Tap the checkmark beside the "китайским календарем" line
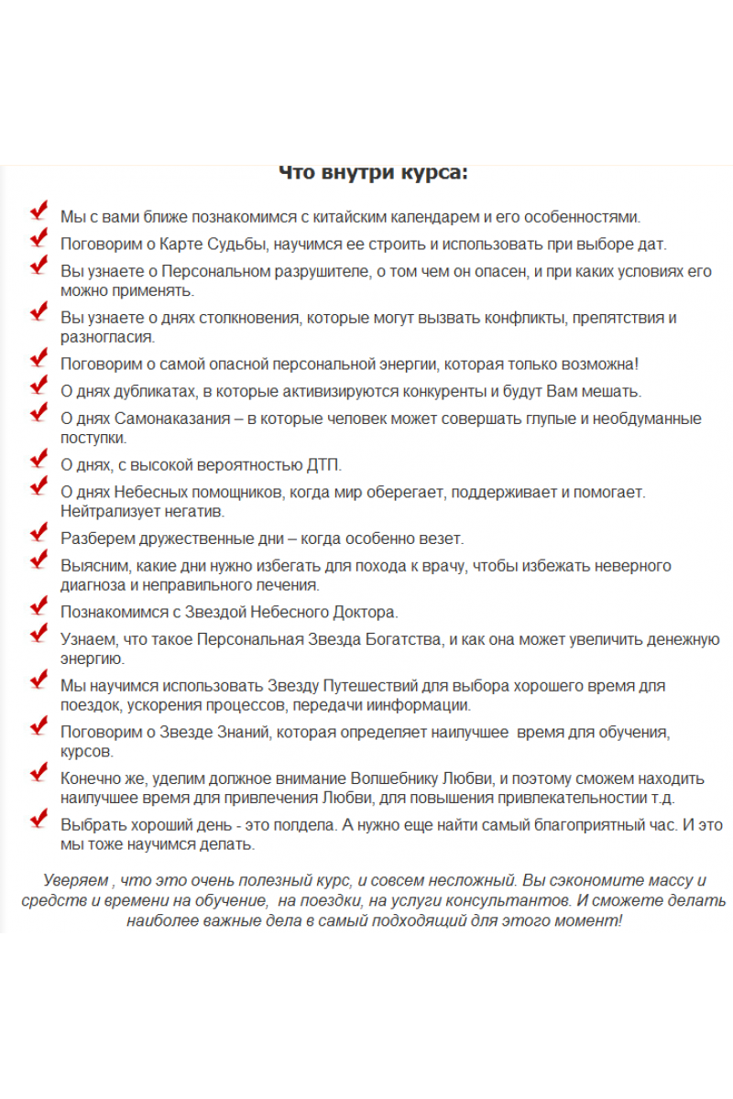click(38, 212)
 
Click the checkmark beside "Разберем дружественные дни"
click(38, 533)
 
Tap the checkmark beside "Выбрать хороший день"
click(38, 820)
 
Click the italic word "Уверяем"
click(75, 881)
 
